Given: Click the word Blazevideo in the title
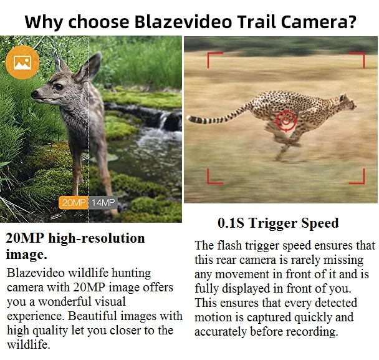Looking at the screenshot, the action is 183,22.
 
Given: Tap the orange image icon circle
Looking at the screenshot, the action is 22,62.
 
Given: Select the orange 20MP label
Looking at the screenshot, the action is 73,202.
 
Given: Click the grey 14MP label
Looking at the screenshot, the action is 103,202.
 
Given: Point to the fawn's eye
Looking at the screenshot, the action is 59,87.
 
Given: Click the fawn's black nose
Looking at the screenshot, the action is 34,94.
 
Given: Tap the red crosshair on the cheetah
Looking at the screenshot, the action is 286,120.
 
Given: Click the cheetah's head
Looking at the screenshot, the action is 348,102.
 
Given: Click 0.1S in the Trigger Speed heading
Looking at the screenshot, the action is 231,223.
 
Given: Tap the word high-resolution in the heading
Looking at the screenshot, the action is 97,238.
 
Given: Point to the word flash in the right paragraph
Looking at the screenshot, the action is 229,245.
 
